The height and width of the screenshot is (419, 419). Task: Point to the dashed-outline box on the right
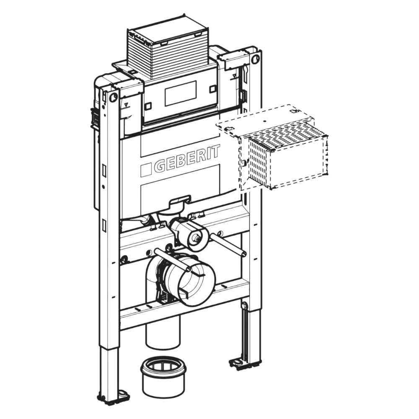pos(272,147)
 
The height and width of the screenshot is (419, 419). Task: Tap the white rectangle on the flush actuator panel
pos(181,93)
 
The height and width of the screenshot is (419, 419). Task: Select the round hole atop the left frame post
pos(114,97)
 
